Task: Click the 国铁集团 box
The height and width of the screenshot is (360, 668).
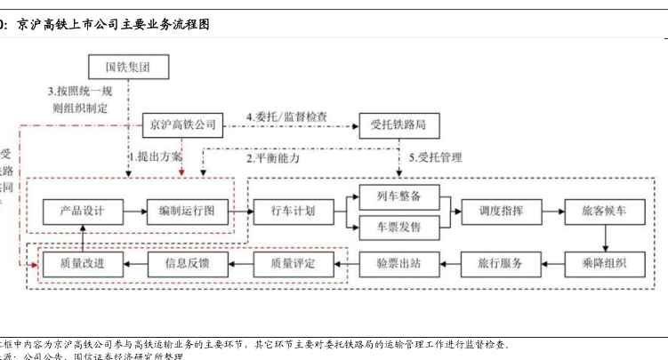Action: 128,66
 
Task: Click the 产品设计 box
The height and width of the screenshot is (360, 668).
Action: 82,212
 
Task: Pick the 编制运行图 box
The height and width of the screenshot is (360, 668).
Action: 187,212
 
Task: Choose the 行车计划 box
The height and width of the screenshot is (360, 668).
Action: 293,212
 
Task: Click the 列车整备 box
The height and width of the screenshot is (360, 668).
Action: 398,196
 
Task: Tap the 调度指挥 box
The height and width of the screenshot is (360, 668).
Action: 500,212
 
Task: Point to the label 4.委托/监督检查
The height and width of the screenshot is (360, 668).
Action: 286,116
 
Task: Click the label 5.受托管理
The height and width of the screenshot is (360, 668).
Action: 436,158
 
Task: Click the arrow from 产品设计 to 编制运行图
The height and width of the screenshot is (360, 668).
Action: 134,212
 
